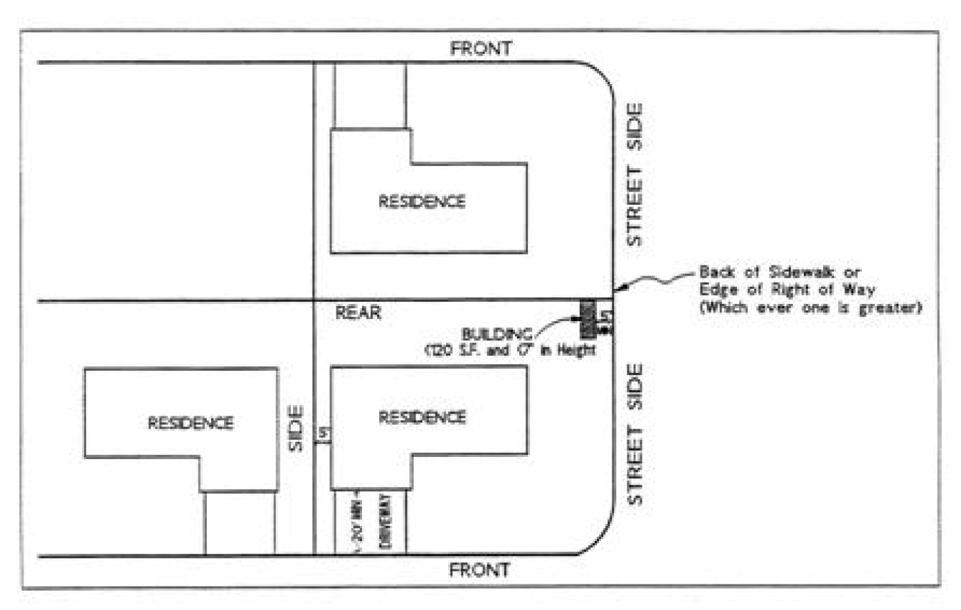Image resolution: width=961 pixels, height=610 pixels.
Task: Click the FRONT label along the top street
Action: pos(481,48)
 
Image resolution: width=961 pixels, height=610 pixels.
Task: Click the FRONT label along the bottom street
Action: pos(480,570)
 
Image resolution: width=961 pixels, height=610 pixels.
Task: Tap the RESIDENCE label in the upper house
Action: pos(422,201)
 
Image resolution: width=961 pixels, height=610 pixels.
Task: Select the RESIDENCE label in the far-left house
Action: pos(190,423)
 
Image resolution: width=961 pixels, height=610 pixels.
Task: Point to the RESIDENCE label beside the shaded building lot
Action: pos(422,417)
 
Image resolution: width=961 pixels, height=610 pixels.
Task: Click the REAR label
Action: pos(358,313)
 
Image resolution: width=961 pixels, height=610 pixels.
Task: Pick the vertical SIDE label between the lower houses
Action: pos(296,429)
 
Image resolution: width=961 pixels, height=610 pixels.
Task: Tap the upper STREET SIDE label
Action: pos(634,174)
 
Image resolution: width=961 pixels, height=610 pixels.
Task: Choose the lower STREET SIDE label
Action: pos(634,434)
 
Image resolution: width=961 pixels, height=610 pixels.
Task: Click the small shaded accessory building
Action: pos(587,318)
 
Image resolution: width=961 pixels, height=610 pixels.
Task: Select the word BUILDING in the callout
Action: pos(496,334)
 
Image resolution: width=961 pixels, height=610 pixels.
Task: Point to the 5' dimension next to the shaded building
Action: pos(605,316)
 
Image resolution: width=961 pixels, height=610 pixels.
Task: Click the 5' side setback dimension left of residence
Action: pos(323,434)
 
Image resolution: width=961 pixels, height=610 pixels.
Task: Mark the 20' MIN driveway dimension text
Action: pos(358,522)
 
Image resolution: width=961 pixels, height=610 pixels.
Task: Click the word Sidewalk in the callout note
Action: pos(800,272)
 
